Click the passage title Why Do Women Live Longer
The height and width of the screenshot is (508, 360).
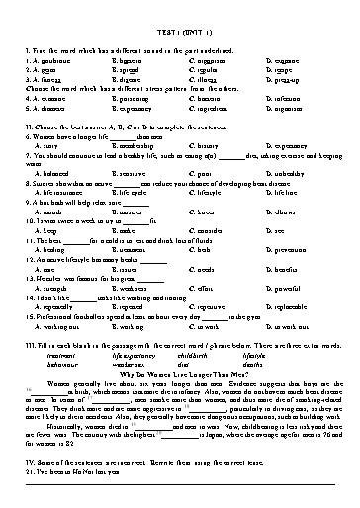click(179, 371)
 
